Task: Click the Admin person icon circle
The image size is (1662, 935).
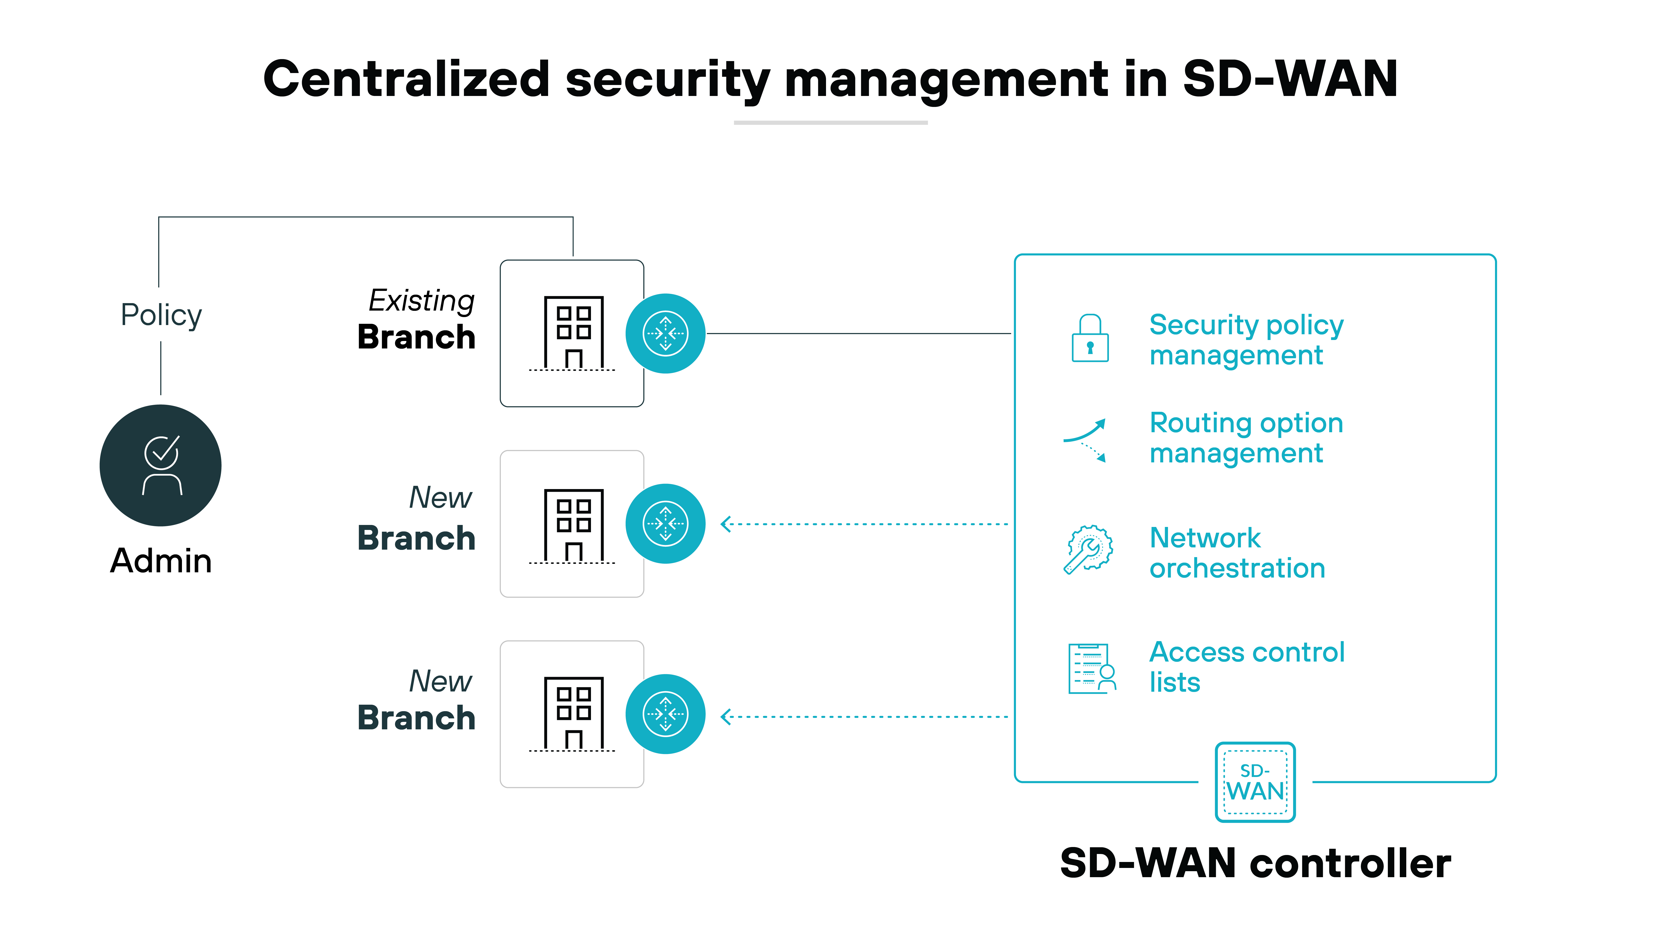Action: (x=161, y=465)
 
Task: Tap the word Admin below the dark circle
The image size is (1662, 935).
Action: (x=161, y=560)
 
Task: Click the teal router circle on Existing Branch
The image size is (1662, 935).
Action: (x=665, y=334)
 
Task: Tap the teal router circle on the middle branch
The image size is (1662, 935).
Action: (x=665, y=523)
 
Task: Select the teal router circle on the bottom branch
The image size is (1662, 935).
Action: (x=665, y=714)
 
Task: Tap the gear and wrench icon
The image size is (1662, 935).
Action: (x=1088, y=549)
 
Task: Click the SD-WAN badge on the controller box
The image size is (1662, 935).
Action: (x=1255, y=782)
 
